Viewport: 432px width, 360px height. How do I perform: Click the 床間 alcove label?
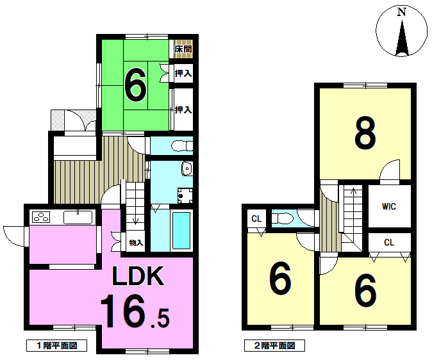point(183,49)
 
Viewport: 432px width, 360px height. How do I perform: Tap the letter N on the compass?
point(402,12)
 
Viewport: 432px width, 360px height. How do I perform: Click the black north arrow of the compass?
point(402,38)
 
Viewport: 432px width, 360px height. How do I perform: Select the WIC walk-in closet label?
point(389,206)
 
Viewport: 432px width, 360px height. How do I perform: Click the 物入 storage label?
point(136,243)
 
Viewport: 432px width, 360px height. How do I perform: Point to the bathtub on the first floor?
point(181,230)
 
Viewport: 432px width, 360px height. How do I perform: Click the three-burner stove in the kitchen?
point(41,217)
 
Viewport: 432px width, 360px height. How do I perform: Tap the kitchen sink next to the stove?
point(78,217)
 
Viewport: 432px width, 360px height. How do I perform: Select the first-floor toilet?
point(182,146)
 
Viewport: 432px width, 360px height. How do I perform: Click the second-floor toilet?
point(281,219)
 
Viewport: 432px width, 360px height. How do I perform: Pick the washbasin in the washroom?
point(187,168)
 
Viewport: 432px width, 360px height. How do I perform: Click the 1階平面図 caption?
point(57,345)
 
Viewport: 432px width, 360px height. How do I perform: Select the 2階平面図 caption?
point(274,345)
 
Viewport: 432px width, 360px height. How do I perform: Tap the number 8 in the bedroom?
point(365,133)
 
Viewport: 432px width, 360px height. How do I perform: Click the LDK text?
point(138,275)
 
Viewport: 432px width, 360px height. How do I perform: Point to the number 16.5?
point(135,311)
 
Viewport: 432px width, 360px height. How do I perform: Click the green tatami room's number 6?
point(135,85)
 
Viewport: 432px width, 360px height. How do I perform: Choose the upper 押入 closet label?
point(183,73)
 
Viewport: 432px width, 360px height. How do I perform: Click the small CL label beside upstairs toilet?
point(256,218)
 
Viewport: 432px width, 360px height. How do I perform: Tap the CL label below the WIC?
point(389,242)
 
